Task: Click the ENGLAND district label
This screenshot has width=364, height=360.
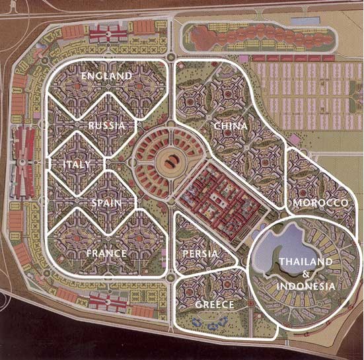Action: (106, 77)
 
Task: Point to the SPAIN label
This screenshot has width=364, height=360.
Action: (106, 203)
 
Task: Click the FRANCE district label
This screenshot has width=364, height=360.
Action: (106, 253)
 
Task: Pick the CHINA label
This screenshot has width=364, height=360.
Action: (231, 126)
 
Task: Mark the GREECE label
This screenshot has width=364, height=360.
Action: (215, 305)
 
